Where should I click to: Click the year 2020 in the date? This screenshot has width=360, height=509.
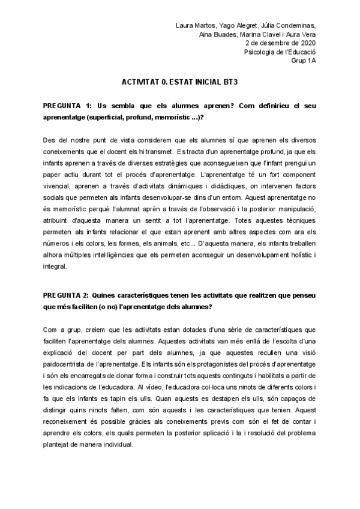point(308,43)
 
